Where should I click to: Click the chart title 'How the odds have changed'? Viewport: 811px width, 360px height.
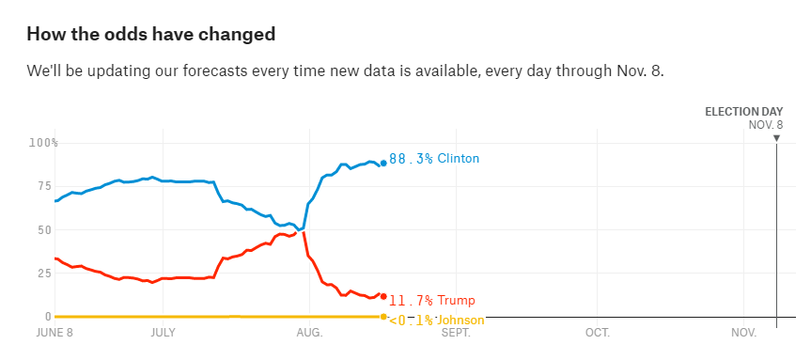[x=151, y=34]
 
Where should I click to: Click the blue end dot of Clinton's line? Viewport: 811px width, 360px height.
[x=383, y=163]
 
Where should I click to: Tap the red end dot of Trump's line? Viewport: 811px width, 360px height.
[x=383, y=296]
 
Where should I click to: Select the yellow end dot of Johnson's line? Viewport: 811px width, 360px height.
[x=383, y=317]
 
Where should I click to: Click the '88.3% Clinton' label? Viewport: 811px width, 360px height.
[x=434, y=158]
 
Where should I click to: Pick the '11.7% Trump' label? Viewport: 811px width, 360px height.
[x=432, y=300]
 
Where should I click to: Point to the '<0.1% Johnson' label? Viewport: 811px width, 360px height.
[x=437, y=321]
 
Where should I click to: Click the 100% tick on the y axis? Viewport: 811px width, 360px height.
[x=43, y=143]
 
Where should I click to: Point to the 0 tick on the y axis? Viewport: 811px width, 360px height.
[x=48, y=317]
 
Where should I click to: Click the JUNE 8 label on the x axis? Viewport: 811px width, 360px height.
[x=55, y=333]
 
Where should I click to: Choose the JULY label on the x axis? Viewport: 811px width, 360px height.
[x=163, y=333]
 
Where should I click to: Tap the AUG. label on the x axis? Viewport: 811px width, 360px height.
[x=310, y=333]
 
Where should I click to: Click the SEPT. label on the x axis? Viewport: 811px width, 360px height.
[x=456, y=333]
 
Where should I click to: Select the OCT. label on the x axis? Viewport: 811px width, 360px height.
[x=598, y=333]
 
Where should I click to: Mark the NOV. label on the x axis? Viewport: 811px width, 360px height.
[x=744, y=333]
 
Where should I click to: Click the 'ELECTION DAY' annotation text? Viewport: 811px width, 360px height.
[x=744, y=111]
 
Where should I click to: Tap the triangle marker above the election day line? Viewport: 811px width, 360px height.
[x=776, y=138]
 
